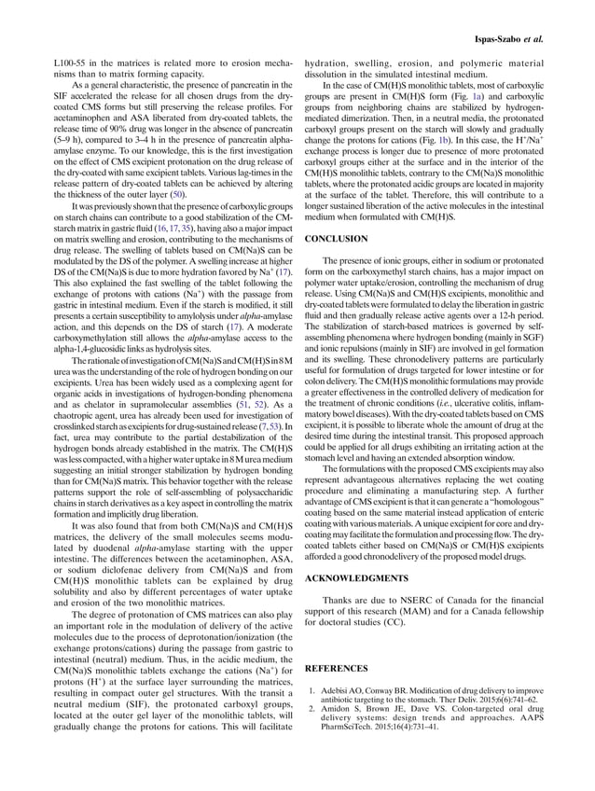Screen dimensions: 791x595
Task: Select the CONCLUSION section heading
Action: (x=336, y=240)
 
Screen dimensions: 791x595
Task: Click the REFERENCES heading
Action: (x=336, y=669)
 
